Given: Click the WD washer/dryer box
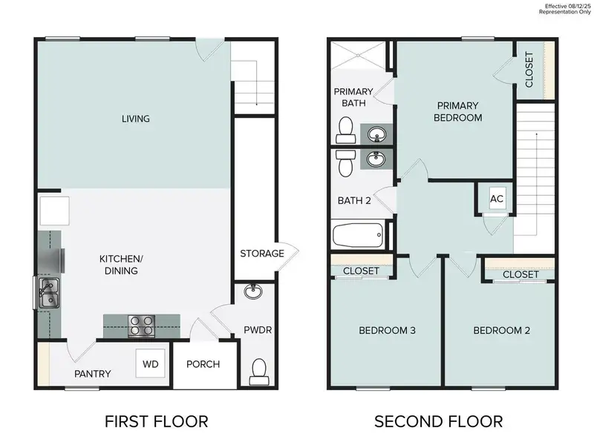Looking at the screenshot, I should pos(151,364).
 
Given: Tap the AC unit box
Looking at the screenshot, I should pos(497,199).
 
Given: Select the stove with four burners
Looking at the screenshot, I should pos(142,325).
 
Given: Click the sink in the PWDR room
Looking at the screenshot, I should pos(252,291).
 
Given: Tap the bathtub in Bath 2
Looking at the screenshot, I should pos(358,237).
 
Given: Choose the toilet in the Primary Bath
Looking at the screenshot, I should pos(345,133).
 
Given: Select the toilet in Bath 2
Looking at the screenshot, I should pos(345,163).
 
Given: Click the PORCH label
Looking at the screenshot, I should pos(203,364).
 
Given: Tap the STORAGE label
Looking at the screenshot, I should pos(261,254).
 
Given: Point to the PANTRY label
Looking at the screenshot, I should pos(93,374).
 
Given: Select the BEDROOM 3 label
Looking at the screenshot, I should pos(387,330).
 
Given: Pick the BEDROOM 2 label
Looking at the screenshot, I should pos(502,330).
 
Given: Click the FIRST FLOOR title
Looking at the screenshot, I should pos(156,421).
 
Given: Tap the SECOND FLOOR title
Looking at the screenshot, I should pos(438,421).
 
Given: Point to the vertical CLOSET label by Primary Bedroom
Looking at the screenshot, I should pos(529,70).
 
